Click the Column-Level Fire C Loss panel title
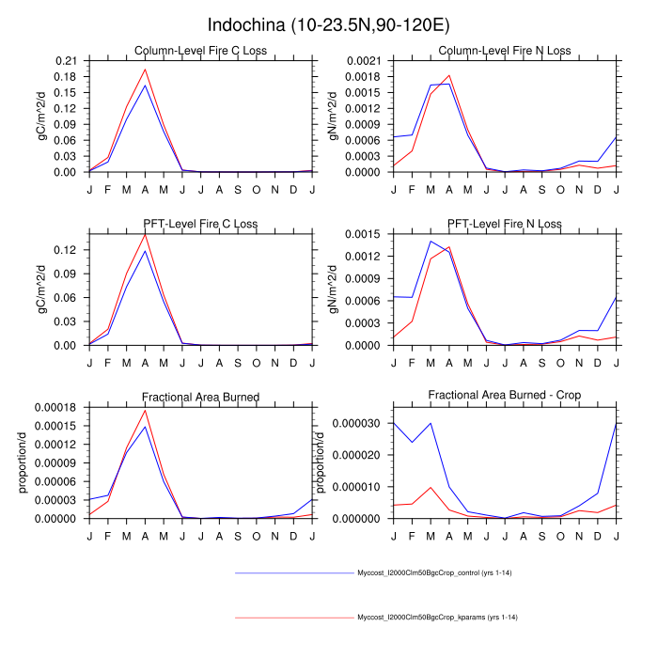tap(200, 51)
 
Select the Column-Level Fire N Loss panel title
tap(504, 51)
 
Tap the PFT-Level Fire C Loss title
tap(200, 224)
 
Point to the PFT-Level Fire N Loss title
tap(504, 224)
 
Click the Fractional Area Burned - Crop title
tap(504, 397)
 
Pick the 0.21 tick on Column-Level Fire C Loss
tap(67, 60)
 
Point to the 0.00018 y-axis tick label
tap(58, 407)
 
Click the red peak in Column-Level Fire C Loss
tap(145, 69)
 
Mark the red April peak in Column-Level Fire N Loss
tap(448, 75)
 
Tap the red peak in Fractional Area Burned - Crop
tap(430, 487)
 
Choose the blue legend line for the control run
tap(292, 572)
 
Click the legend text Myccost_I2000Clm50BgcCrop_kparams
tap(438, 618)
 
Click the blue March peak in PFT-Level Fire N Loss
tap(430, 241)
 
